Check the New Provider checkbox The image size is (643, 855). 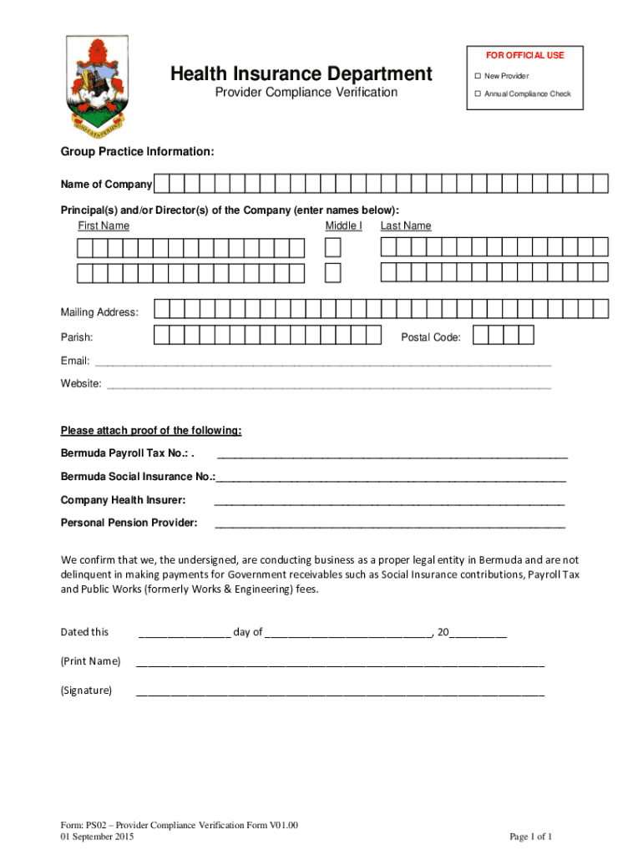478,76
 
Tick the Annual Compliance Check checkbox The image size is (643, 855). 478,94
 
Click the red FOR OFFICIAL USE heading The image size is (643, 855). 524,55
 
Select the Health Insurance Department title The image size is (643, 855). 301,74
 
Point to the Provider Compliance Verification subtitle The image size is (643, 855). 306,93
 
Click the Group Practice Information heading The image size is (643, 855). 137,152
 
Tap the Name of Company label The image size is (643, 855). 106,185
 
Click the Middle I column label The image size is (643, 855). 343,225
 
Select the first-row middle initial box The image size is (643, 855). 332,248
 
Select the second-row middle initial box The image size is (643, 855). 332,273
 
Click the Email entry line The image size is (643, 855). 322,363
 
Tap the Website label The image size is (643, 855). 81,384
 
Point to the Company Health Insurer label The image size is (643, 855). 123,500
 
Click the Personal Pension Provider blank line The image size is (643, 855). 389,525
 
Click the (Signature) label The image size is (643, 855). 86,691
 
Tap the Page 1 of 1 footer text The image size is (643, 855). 530,837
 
